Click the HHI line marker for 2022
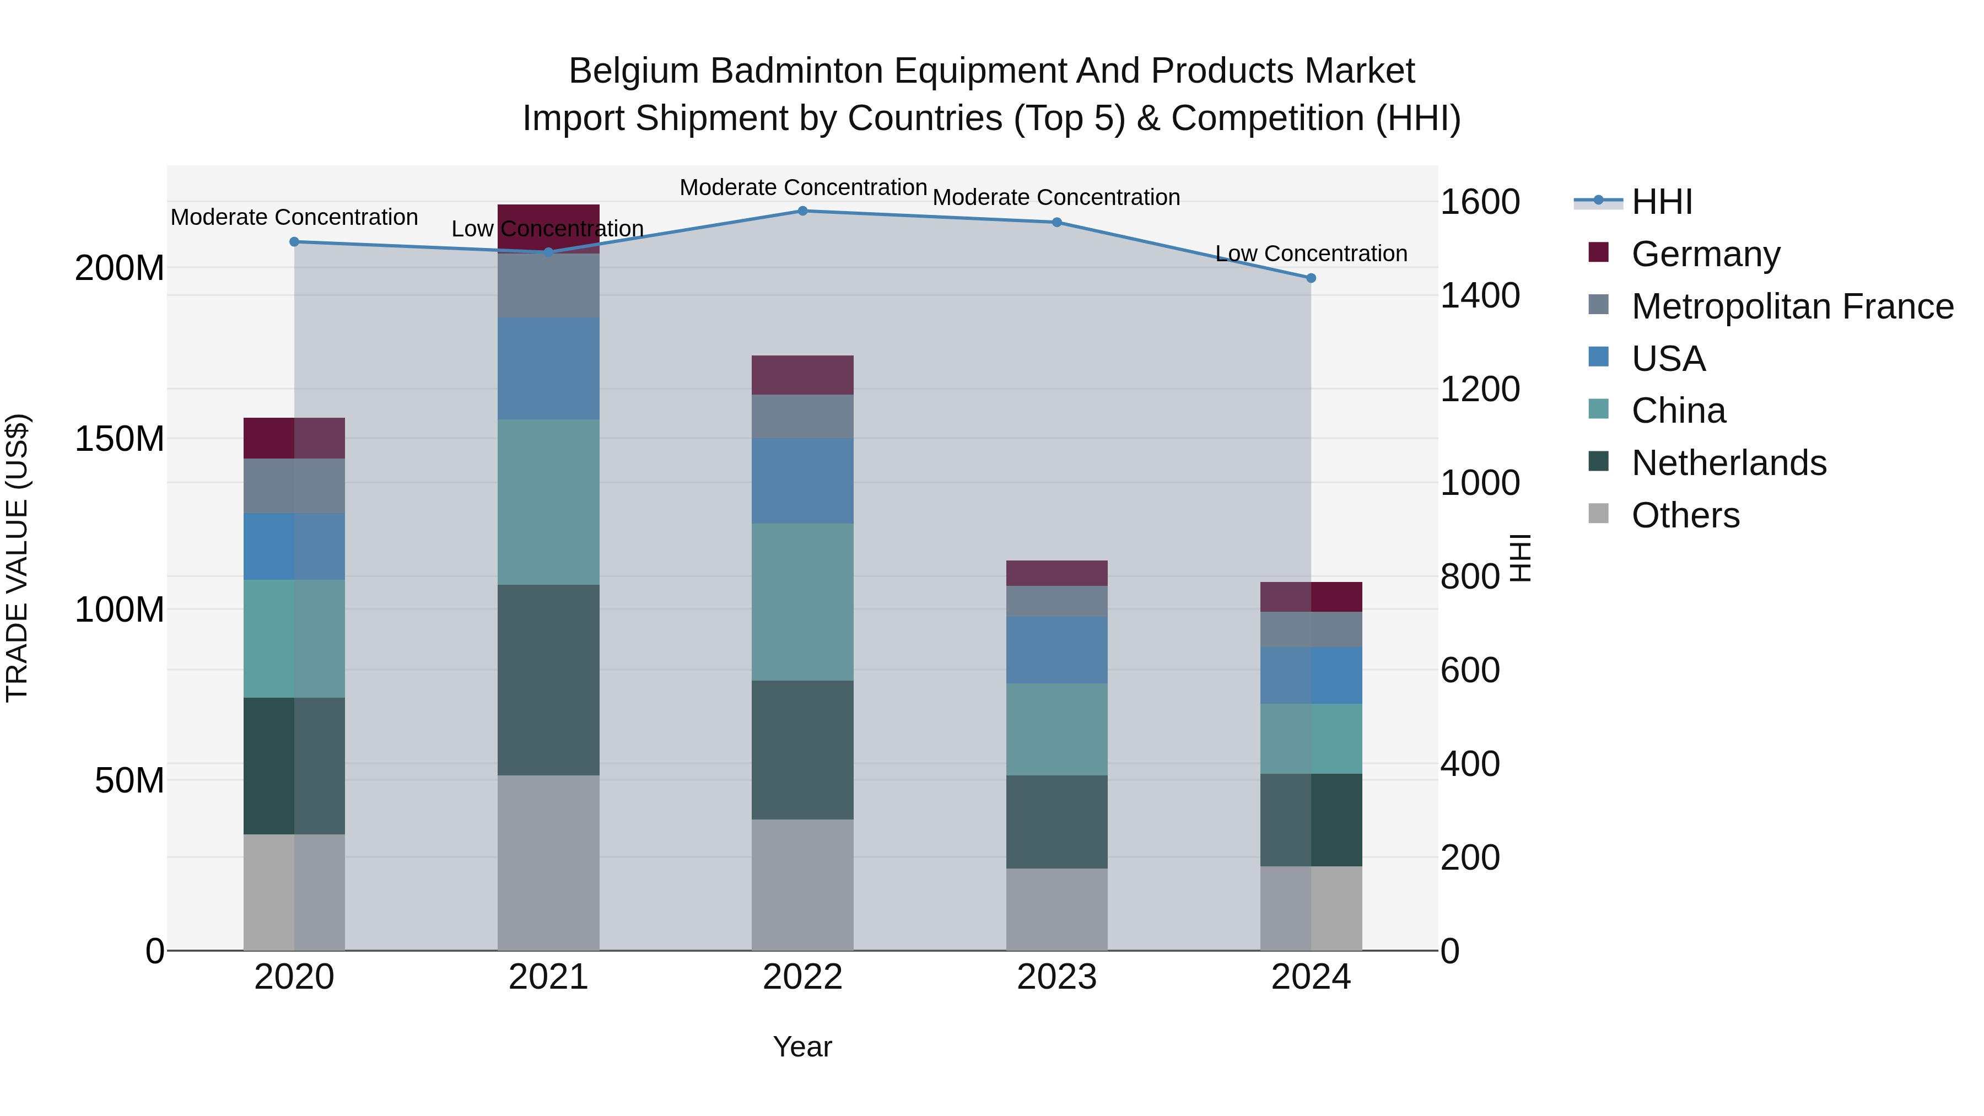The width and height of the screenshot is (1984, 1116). (x=802, y=211)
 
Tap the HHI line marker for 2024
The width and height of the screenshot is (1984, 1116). (x=1311, y=278)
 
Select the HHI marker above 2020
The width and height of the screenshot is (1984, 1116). (x=294, y=242)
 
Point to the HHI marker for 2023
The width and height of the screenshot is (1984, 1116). (x=1056, y=223)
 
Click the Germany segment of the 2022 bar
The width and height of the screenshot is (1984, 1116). (x=802, y=375)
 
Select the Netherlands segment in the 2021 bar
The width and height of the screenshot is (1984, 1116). (x=548, y=680)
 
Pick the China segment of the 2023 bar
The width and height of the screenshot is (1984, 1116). (x=1056, y=729)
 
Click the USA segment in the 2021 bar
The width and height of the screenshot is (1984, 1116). (x=548, y=368)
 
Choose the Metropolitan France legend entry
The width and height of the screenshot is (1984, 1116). (x=1792, y=306)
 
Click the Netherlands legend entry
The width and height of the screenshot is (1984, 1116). (x=1728, y=463)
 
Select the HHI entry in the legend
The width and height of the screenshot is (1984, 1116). (x=1661, y=202)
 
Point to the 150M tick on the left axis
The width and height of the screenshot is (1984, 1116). (x=120, y=439)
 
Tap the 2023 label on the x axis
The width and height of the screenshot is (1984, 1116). (x=1056, y=977)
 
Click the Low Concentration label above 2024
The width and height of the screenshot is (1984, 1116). (x=1311, y=254)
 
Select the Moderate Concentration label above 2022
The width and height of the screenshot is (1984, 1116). (x=802, y=187)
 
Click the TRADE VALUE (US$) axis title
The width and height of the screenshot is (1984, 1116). (x=17, y=558)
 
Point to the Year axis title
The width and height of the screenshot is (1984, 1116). (x=802, y=1047)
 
